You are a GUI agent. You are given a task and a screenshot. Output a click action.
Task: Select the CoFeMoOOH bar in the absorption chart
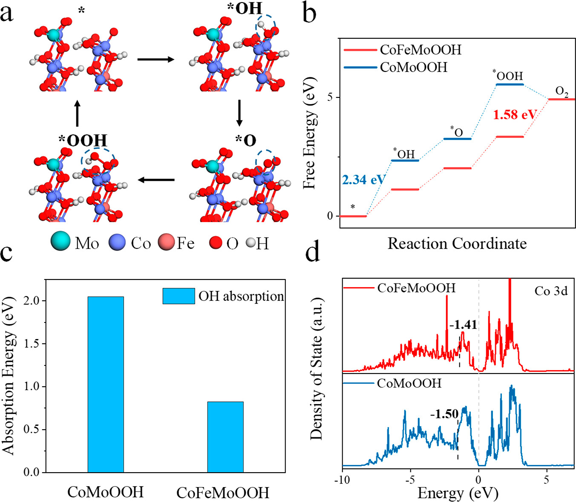[x=225, y=436]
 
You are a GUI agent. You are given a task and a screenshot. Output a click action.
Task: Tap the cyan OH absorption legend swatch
[x=179, y=296]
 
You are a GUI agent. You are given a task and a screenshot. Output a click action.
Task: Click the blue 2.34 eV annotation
[x=363, y=180]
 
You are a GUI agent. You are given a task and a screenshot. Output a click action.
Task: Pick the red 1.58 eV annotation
[x=515, y=114]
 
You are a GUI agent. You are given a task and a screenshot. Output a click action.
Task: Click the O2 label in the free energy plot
[x=562, y=91]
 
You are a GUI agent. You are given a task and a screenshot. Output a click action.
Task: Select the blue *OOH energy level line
[x=510, y=85]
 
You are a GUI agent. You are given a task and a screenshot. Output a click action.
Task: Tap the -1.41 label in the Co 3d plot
[x=464, y=325]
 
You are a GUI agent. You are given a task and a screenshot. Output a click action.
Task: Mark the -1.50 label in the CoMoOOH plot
[x=444, y=414]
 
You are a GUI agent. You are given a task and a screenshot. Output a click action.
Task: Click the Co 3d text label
[x=551, y=291]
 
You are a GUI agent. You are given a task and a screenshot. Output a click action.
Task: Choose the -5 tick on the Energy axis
[x=410, y=480]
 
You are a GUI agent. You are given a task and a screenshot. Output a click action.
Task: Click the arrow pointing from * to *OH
[x=156, y=60]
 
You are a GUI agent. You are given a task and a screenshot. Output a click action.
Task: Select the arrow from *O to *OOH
[x=156, y=180]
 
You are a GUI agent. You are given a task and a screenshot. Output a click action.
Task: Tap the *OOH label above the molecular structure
[x=83, y=140]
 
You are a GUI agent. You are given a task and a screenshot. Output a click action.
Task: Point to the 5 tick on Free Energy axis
[x=331, y=97]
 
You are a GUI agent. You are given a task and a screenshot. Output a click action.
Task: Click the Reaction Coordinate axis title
[x=457, y=244]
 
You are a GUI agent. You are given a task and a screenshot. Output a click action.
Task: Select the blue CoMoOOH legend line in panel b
[x=360, y=67]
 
